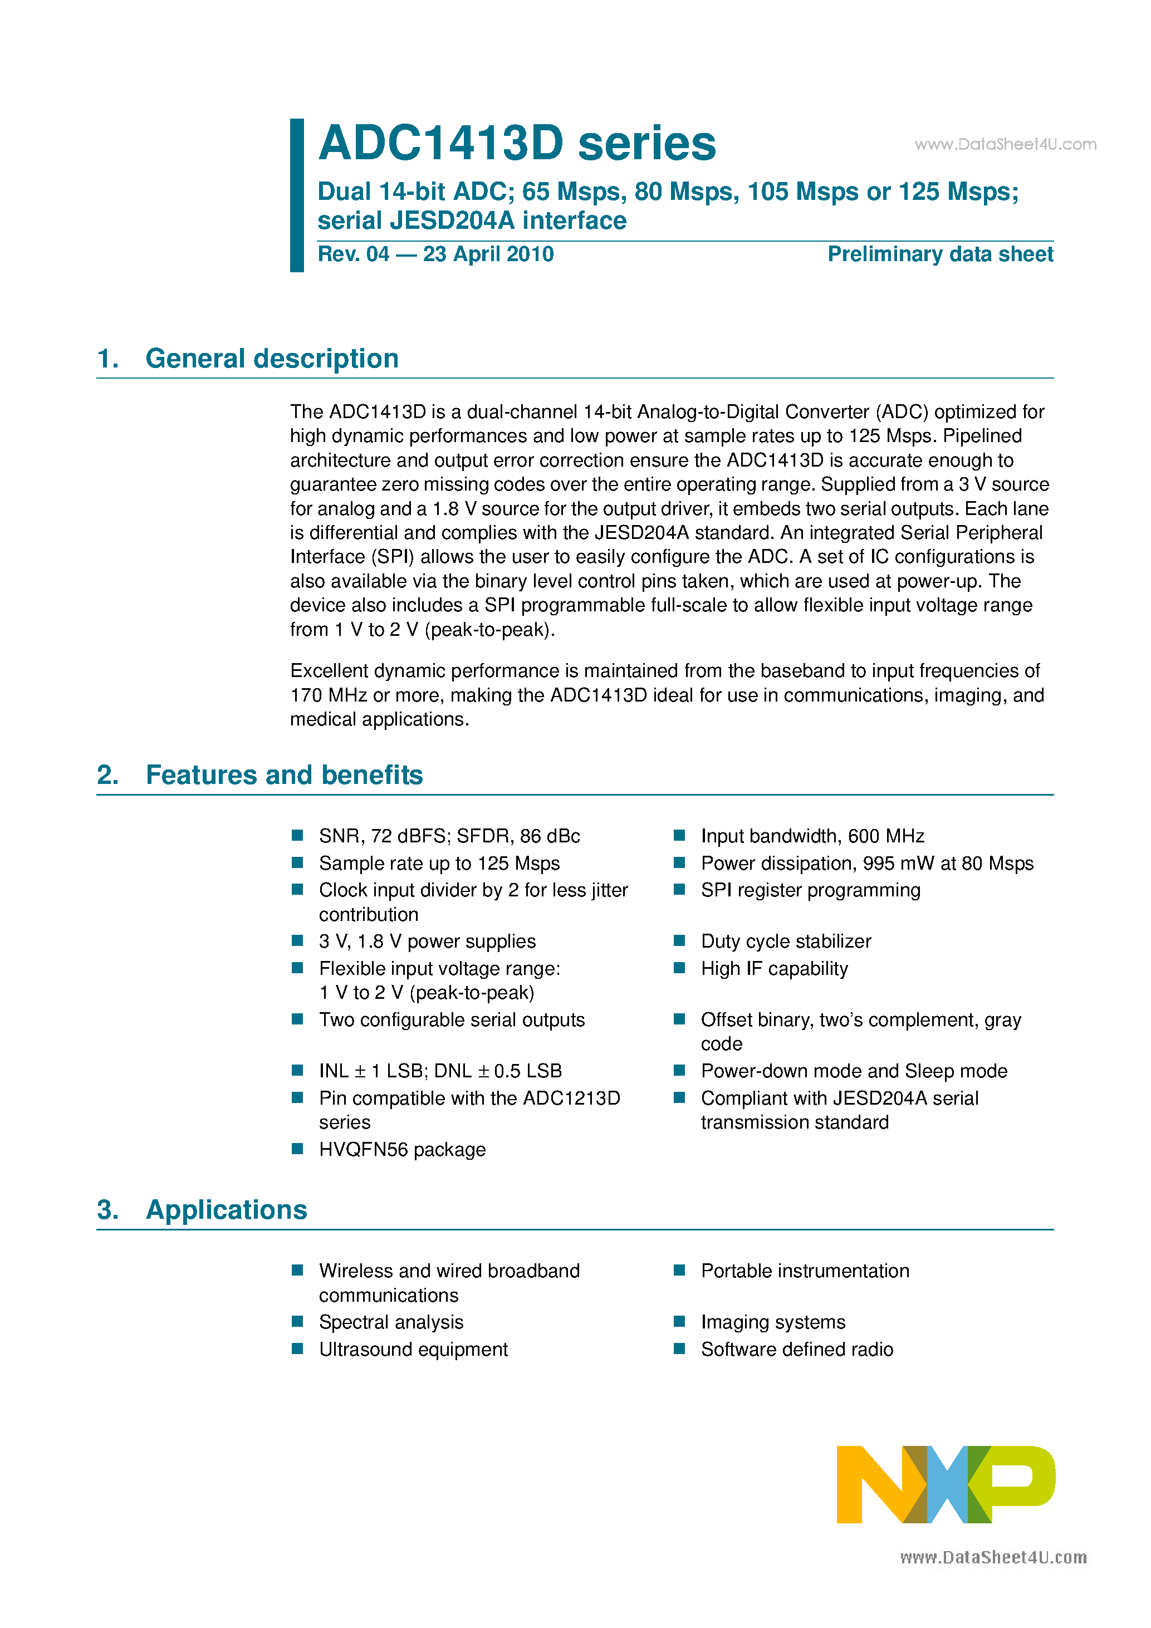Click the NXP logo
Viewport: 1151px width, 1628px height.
tap(946, 1484)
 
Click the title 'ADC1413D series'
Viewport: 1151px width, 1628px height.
tap(517, 143)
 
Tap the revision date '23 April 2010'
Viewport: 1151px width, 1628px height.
tap(488, 254)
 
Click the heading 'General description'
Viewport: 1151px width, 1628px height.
tap(272, 359)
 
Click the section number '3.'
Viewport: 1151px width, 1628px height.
tap(108, 1210)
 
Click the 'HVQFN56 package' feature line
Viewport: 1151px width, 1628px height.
tap(402, 1149)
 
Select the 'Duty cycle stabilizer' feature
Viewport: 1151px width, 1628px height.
tap(786, 942)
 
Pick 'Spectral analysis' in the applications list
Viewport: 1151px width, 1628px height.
tap(391, 1322)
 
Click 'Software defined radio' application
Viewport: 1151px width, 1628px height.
tap(796, 1350)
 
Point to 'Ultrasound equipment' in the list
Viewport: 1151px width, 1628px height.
tap(413, 1350)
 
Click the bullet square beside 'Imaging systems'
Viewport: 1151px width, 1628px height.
tap(679, 1322)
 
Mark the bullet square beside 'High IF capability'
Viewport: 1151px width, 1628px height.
tap(679, 968)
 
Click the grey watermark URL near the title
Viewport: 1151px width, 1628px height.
tap(1005, 145)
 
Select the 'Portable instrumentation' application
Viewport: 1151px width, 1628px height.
tap(805, 1271)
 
